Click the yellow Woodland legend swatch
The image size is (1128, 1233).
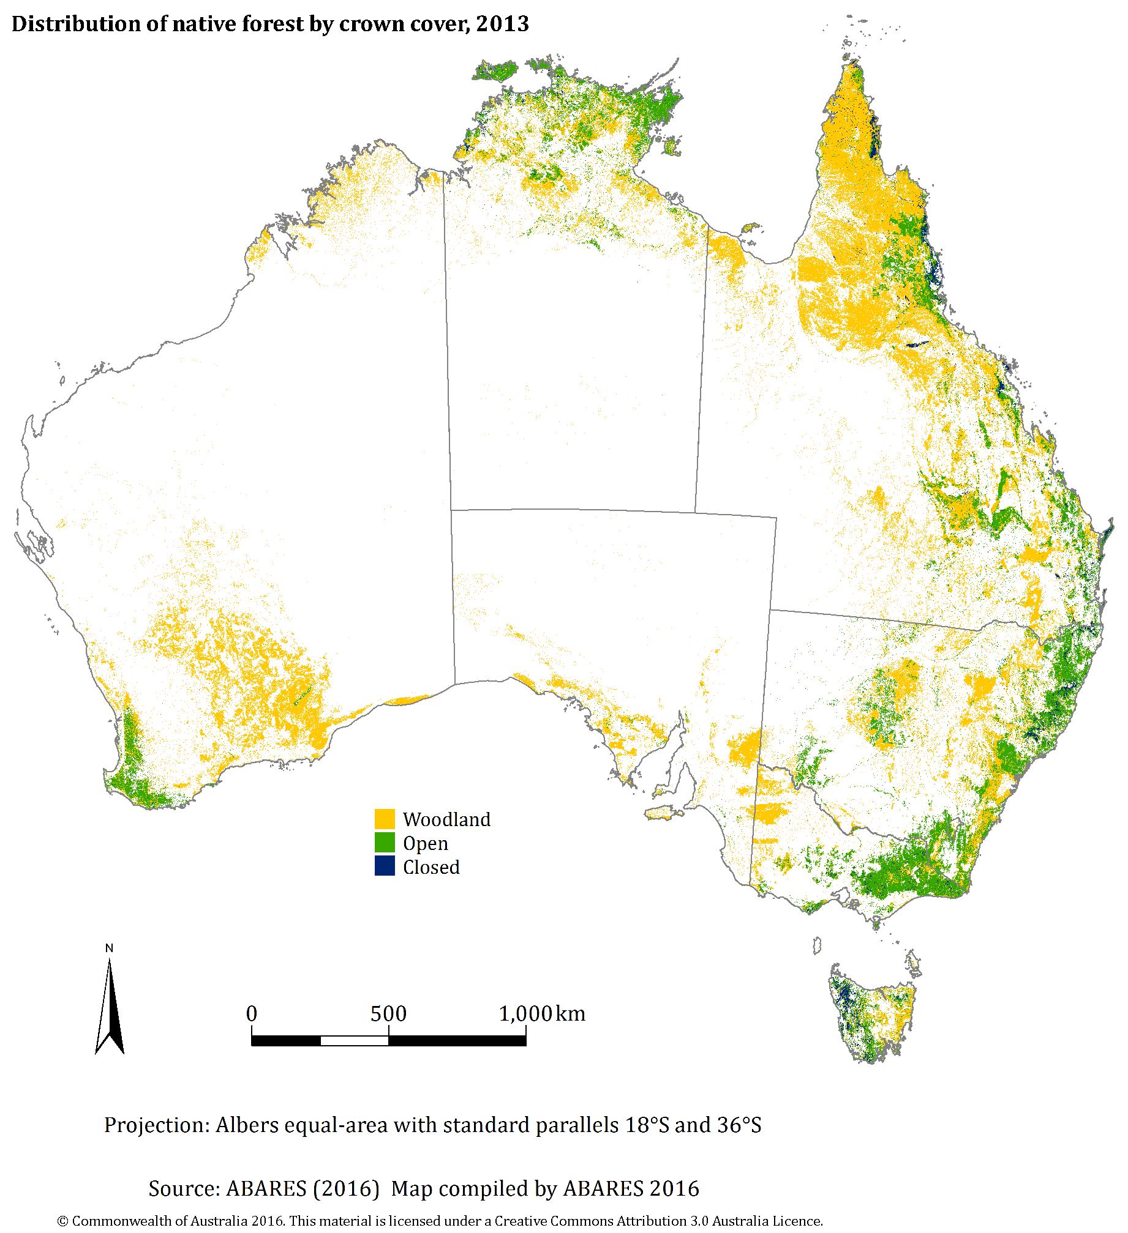click(385, 819)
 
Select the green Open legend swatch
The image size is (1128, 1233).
click(385, 843)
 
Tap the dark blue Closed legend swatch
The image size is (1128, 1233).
click(385, 866)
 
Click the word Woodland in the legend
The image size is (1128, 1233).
click(446, 819)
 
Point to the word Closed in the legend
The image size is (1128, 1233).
click(431, 867)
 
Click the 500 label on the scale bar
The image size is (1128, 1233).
click(388, 1014)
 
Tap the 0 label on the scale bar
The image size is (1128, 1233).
click(252, 1014)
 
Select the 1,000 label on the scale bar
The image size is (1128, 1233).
click(525, 1014)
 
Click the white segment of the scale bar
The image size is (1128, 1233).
click(354, 1041)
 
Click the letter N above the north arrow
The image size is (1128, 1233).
click(109, 948)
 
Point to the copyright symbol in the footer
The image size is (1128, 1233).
click(62, 1221)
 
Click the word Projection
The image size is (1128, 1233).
click(156, 1125)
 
